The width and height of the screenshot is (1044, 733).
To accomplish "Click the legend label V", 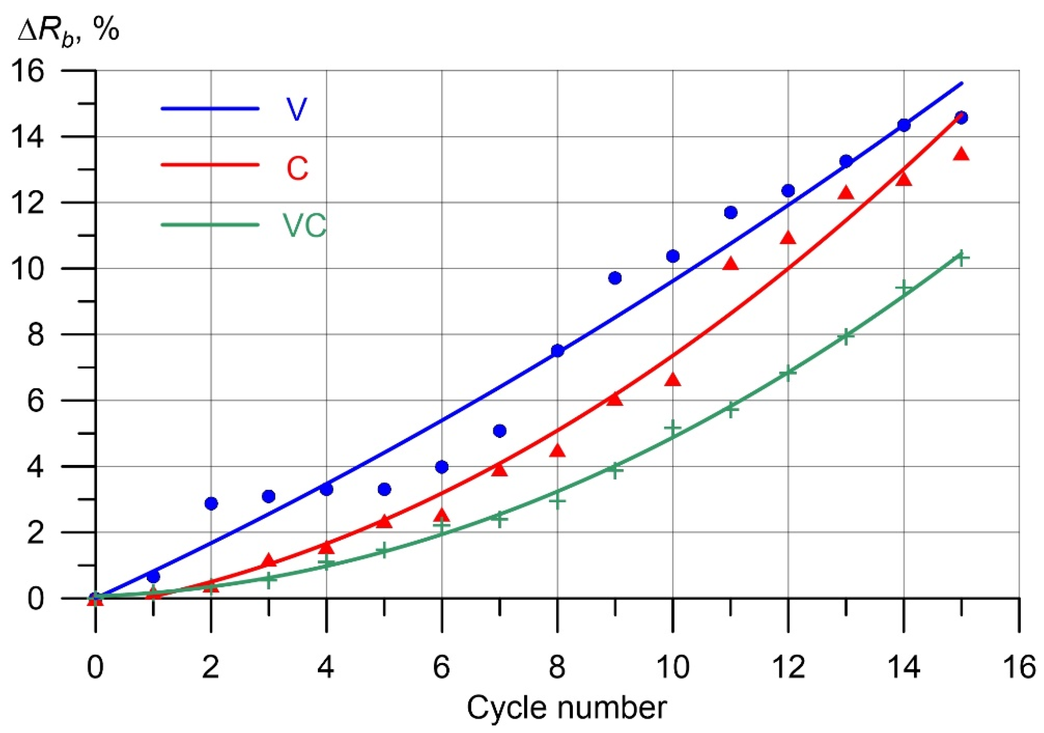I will pos(296,109).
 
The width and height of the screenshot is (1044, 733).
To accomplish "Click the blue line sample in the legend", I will pos(210,109).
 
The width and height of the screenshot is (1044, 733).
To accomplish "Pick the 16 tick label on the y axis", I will pos(30,72).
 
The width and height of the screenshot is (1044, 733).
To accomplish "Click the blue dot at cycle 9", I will pos(615,278).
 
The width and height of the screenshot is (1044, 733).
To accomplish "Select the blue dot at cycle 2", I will pos(211,503).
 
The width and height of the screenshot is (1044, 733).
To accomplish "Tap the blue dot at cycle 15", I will pos(961,117).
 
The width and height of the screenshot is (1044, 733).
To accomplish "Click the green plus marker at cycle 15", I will pos(961,258).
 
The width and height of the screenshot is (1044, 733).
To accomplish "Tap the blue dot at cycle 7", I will pos(499,431).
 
